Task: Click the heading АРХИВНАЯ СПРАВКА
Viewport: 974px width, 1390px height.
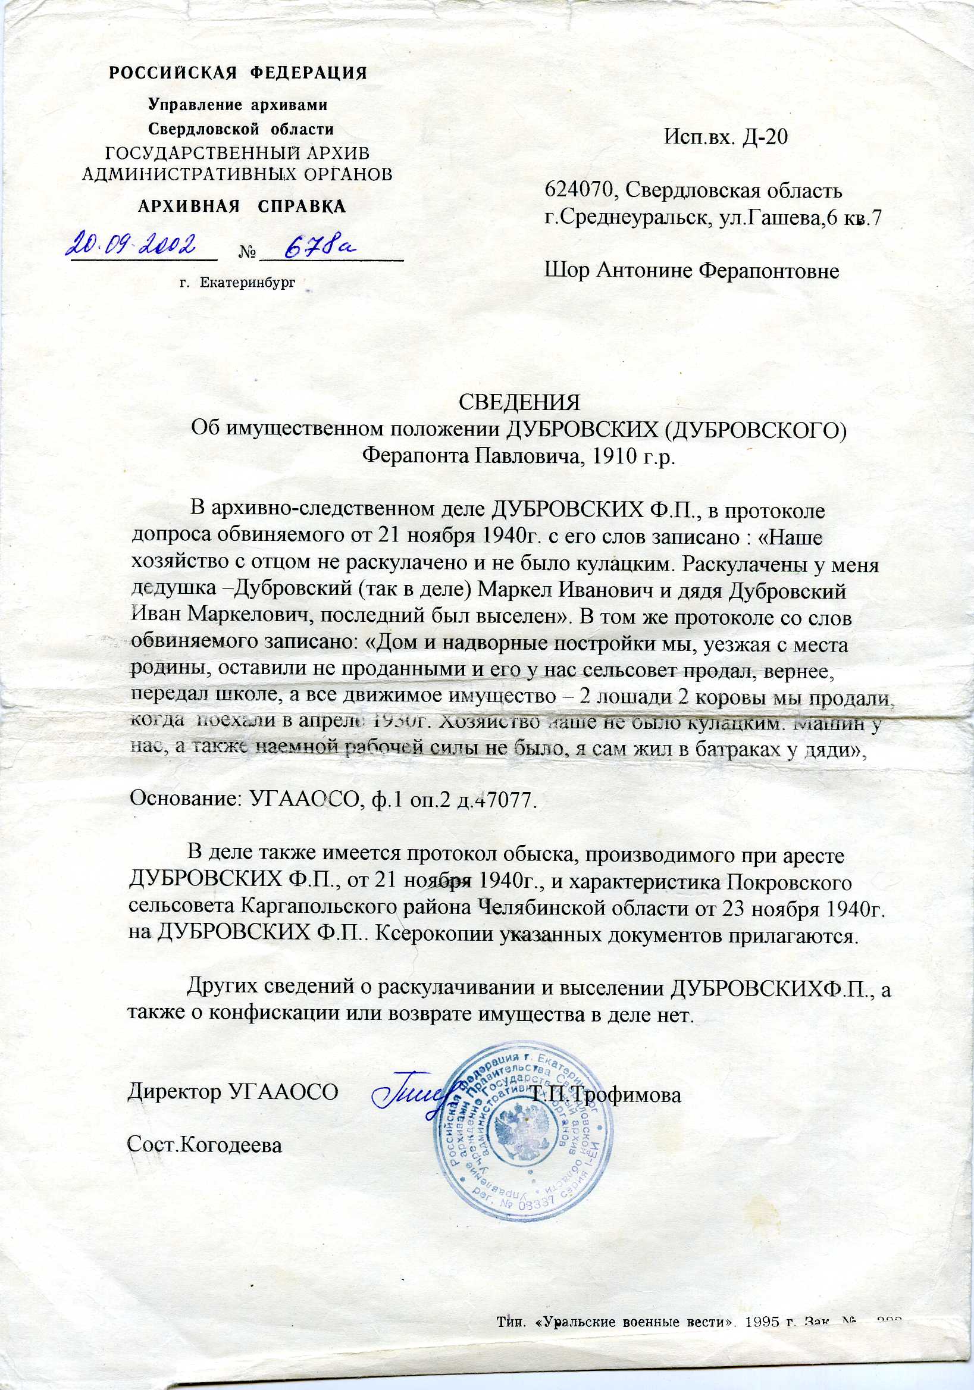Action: pos(242,206)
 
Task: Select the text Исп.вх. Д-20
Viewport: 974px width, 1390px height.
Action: pos(726,137)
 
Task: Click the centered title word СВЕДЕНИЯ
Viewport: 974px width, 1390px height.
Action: pos(519,402)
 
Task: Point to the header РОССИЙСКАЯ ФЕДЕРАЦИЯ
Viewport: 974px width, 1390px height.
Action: pos(238,73)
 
